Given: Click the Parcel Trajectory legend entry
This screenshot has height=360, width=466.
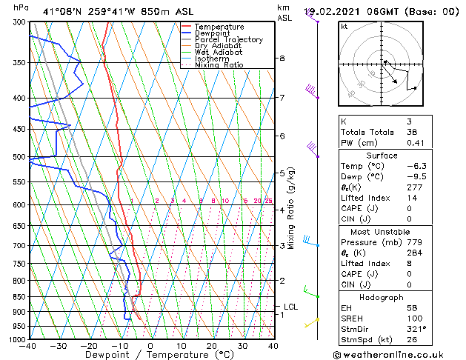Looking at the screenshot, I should (228, 39).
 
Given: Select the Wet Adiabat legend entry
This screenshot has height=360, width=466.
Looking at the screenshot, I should (219, 52).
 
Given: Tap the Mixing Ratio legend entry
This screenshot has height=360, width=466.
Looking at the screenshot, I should (219, 65).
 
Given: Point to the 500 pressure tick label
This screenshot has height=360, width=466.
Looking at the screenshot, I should (19, 157).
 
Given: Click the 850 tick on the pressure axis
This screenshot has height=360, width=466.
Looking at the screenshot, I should (19, 296).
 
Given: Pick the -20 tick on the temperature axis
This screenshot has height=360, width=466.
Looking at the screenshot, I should (88, 346).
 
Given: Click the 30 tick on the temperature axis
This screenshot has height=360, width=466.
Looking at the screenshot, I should (242, 346).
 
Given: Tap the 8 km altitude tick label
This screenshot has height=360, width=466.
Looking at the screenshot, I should (282, 58).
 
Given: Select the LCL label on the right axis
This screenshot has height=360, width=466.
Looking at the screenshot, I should (292, 306).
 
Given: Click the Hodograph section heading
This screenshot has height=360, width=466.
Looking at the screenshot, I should (382, 296).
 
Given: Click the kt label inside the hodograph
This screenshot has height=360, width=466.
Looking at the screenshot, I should (344, 26).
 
